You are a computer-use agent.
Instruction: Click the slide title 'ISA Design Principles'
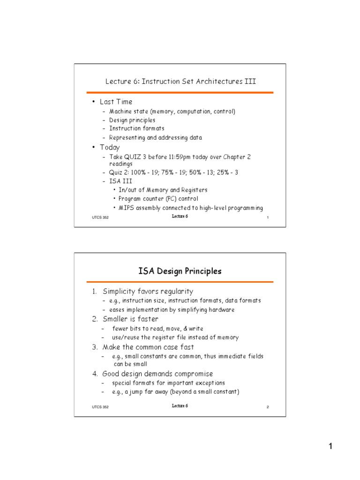pyautogui.click(x=180, y=271)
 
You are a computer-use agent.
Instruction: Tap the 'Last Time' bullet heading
pyautogui.click(x=116, y=102)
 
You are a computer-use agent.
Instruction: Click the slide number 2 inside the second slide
pyautogui.click(x=267, y=407)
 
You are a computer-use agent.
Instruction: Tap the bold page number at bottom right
pyautogui.click(x=330, y=446)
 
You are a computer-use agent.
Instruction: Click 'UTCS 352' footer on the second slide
pyautogui.click(x=100, y=407)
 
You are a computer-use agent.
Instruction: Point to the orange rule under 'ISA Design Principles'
pyautogui.click(x=180, y=282)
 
